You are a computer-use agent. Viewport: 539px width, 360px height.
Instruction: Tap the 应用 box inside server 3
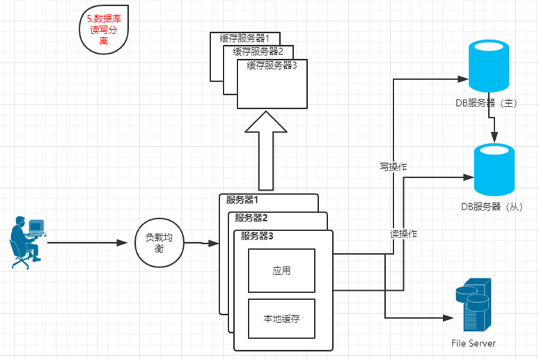[x=281, y=269]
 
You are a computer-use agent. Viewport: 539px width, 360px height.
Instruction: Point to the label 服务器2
[x=251, y=217]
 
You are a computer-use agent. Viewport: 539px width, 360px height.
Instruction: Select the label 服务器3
[x=257, y=235]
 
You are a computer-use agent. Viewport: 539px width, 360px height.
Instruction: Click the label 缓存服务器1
[x=250, y=38]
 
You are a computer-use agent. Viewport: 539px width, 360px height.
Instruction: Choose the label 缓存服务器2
[x=258, y=52]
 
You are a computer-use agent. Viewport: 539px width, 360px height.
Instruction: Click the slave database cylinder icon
[x=496, y=170]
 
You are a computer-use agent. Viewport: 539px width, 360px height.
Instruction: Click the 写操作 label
[x=393, y=167]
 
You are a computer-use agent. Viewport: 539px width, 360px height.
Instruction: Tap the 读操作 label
[x=403, y=235]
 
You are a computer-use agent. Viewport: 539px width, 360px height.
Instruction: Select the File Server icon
[x=474, y=307]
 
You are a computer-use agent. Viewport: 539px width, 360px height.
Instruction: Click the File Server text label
[x=474, y=343]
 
